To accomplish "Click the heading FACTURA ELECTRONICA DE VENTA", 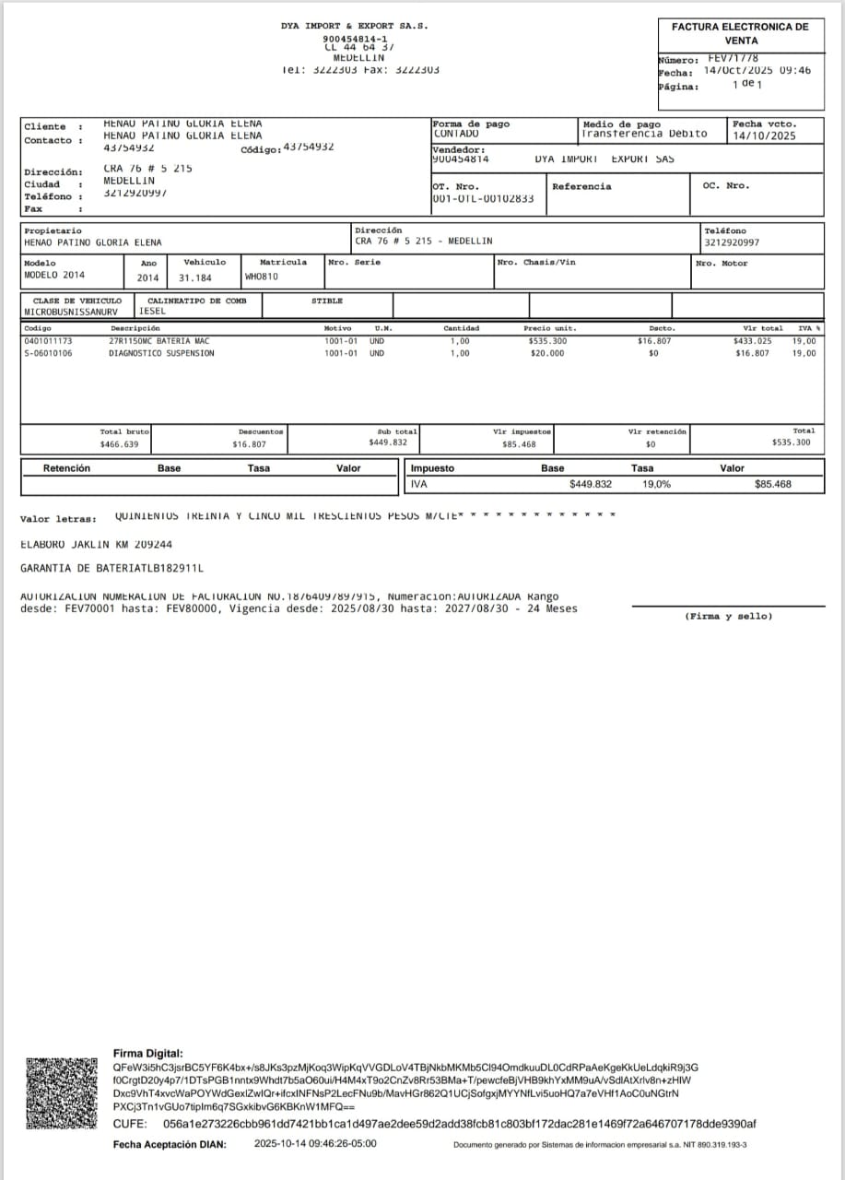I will (x=741, y=33).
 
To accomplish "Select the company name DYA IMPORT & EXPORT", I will (x=354, y=26).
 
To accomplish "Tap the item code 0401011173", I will (x=48, y=341).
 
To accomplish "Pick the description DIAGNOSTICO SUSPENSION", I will (x=161, y=353).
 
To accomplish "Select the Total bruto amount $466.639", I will (x=119, y=444).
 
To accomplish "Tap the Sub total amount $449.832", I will (x=387, y=442).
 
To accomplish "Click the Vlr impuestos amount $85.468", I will (x=519, y=444).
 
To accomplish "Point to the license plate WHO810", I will (x=262, y=277).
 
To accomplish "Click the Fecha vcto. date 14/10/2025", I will (x=764, y=136).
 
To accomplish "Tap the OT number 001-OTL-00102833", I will (x=483, y=198).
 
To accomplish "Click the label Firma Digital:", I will (x=147, y=1053).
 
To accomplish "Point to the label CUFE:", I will (x=129, y=1124).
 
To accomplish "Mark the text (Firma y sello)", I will (x=728, y=616).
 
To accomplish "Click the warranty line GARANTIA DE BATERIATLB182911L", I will (x=111, y=569).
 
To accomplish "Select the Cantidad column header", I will (x=461, y=328).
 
